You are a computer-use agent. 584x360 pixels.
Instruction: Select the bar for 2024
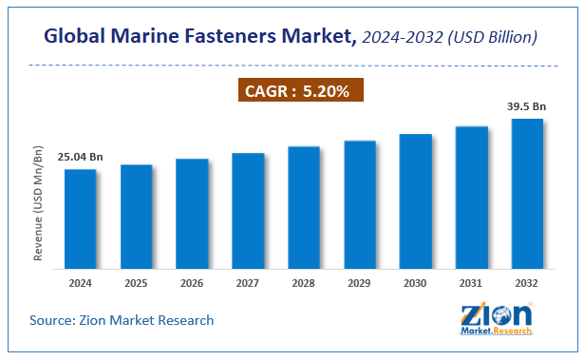tap(80, 218)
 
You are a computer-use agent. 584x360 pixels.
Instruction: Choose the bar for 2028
tap(304, 206)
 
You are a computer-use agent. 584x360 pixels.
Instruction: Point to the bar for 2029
tap(360, 203)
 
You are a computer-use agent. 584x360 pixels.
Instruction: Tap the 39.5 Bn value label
tap(528, 106)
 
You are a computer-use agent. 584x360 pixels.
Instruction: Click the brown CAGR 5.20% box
tap(292, 93)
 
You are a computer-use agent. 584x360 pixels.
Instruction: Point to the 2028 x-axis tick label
tap(304, 283)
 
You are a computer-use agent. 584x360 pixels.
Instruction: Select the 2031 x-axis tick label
tap(472, 283)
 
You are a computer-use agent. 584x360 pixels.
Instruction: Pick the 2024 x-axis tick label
tap(80, 283)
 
